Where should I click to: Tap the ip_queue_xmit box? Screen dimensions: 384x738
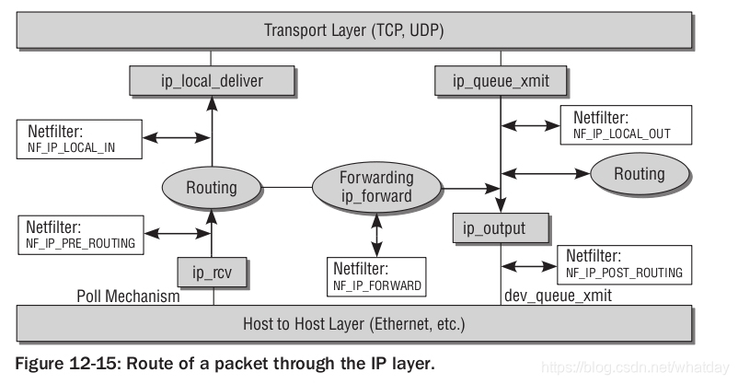[x=501, y=81]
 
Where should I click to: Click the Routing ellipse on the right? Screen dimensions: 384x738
[x=639, y=173]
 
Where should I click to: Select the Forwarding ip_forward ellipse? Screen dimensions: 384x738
[x=375, y=188]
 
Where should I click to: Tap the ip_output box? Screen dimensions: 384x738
[x=502, y=227]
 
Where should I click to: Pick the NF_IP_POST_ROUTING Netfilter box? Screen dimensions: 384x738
[x=624, y=262]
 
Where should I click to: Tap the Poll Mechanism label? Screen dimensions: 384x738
[x=128, y=297]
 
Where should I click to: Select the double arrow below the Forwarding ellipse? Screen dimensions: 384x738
[x=375, y=237]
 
